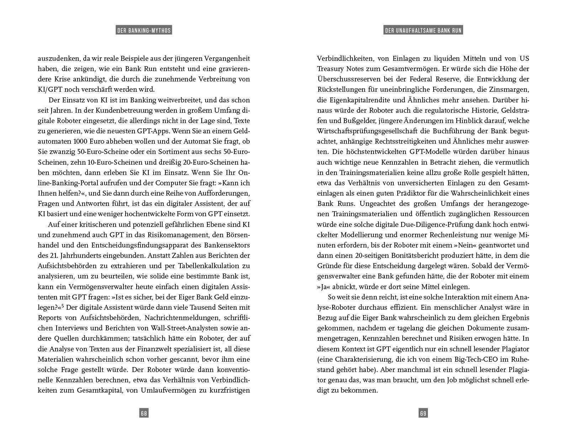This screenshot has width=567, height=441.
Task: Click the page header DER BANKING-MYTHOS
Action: [144, 31]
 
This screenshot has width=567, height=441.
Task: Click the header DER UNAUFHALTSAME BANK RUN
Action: [423, 31]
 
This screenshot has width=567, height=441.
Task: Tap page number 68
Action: [144, 413]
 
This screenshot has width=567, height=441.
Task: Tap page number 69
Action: [423, 413]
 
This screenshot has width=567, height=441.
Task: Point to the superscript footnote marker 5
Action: [63, 305]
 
